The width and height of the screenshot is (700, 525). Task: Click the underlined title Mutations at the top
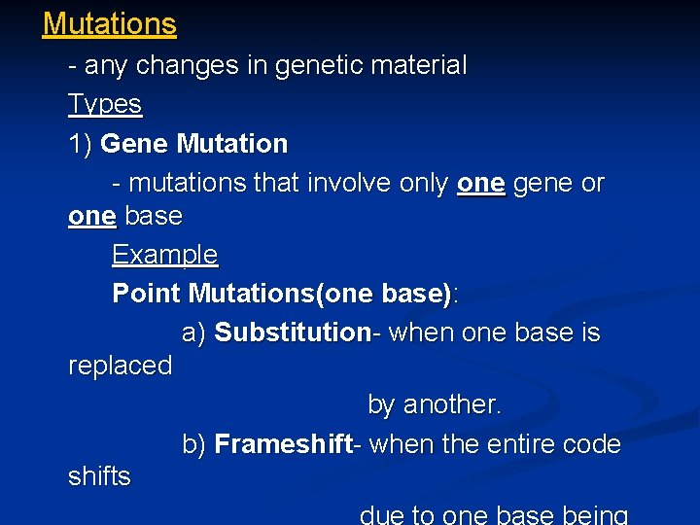[x=110, y=24]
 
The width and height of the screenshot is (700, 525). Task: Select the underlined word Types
[x=105, y=104]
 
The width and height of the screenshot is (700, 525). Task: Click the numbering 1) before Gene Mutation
[x=81, y=144]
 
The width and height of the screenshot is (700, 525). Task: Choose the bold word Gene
[x=135, y=144]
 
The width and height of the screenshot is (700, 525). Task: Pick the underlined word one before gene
[x=480, y=183]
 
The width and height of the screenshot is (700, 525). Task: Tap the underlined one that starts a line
[x=91, y=216]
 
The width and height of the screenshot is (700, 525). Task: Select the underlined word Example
[x=164, y=255]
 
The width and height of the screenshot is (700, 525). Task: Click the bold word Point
[x=147, y=293]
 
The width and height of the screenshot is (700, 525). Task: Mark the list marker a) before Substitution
[x=194, y=332]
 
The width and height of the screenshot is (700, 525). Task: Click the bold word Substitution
[x=293, y=332]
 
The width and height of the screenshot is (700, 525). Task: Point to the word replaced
[x=120, y=366]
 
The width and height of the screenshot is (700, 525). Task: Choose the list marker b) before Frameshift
[x=194, y=444]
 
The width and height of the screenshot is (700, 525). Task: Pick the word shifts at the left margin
[x=99, y=476]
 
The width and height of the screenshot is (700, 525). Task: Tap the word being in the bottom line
[x=595, y=515]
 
